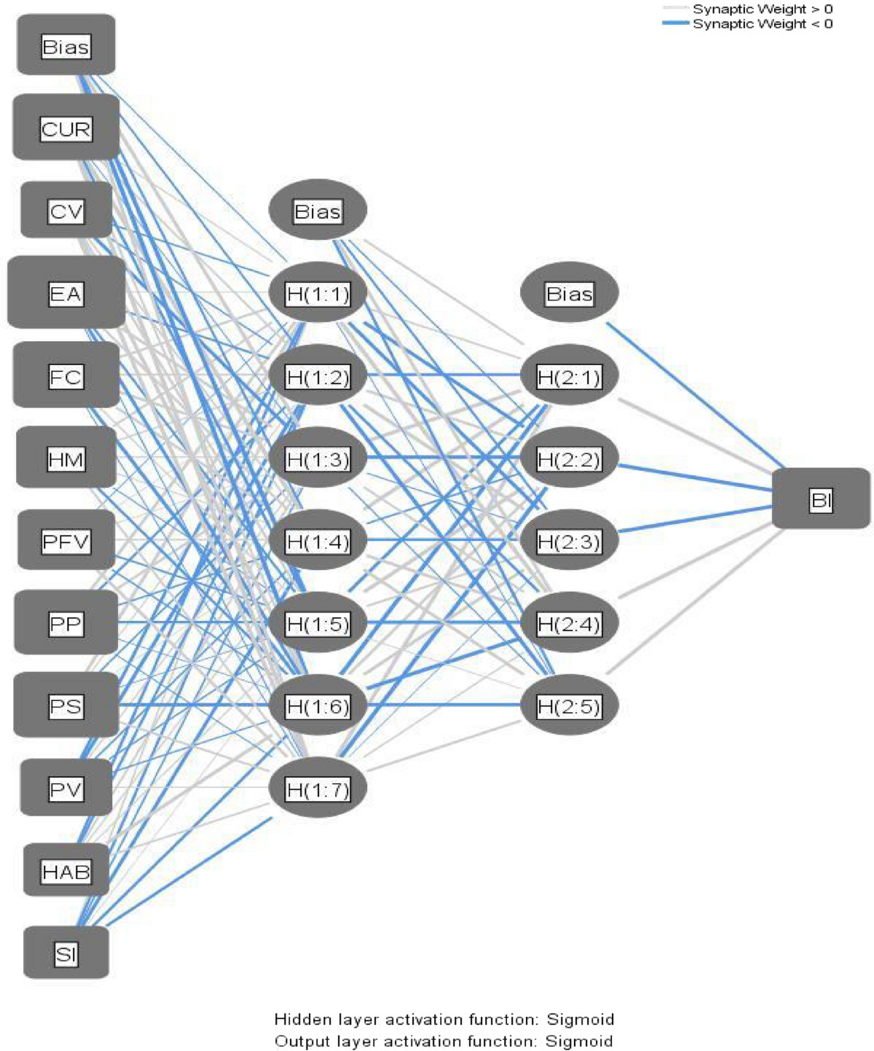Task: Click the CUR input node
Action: (x=66, y=129)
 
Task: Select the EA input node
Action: (x=66, y=294)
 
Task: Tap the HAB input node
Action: (x=66, y=871)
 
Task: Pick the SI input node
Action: (x=66, y=953)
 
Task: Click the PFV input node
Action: (x=66, y=542)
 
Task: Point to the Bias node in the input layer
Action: (x=66, y=47)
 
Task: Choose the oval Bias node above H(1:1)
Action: (x=318, y=211)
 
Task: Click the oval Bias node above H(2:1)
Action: (x=570, y=294)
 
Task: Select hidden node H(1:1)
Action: (x=318, y=294)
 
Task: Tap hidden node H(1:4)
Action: (x=318, y=542)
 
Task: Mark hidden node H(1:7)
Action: (x=318, y=789)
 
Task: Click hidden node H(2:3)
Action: (x=569, y=542)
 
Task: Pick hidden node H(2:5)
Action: (x=569, y=706)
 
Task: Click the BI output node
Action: (x=821, y=500)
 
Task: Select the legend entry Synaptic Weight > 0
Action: (x=762, y=9)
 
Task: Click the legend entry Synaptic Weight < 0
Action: (x=762, y=24)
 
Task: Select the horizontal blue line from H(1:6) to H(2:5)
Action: (x=444, y=705)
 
